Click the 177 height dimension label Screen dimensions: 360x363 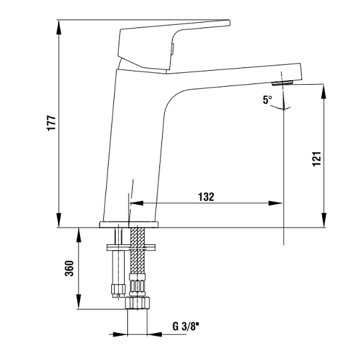[51, 123]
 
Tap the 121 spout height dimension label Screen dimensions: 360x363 [317, 159]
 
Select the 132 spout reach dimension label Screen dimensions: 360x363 [206, 197]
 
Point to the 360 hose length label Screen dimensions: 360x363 [69, 268]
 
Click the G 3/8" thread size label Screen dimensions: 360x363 [186, 327]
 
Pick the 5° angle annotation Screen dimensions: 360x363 [268, 100]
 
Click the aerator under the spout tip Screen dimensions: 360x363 [283, 83]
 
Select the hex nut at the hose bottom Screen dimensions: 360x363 [137, 303]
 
